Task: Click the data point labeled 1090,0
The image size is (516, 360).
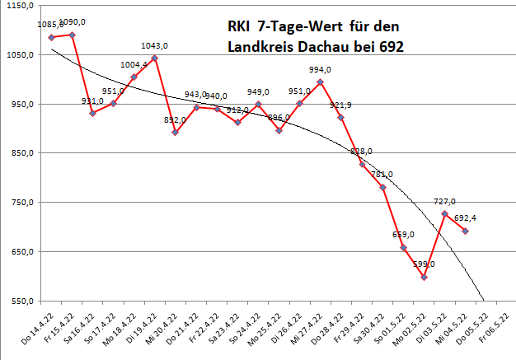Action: click(x=72, y=35)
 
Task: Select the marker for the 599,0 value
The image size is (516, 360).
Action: click(x=424, y=277)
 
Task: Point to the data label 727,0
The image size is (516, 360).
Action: click(x=444, y=201)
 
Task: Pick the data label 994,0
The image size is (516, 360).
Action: click(x=320, y=70)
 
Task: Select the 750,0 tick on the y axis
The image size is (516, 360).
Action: click(x=20, y=203)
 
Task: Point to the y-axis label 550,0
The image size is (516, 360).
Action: click(x=20, y=302)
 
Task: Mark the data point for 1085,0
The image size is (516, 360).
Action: click(x=51, y=37)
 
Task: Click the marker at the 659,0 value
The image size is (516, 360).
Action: click(x=403, y=247)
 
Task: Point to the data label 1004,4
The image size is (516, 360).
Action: click(x=134, y=64)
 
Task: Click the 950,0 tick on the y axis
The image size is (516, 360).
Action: click(x=20, y=105)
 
